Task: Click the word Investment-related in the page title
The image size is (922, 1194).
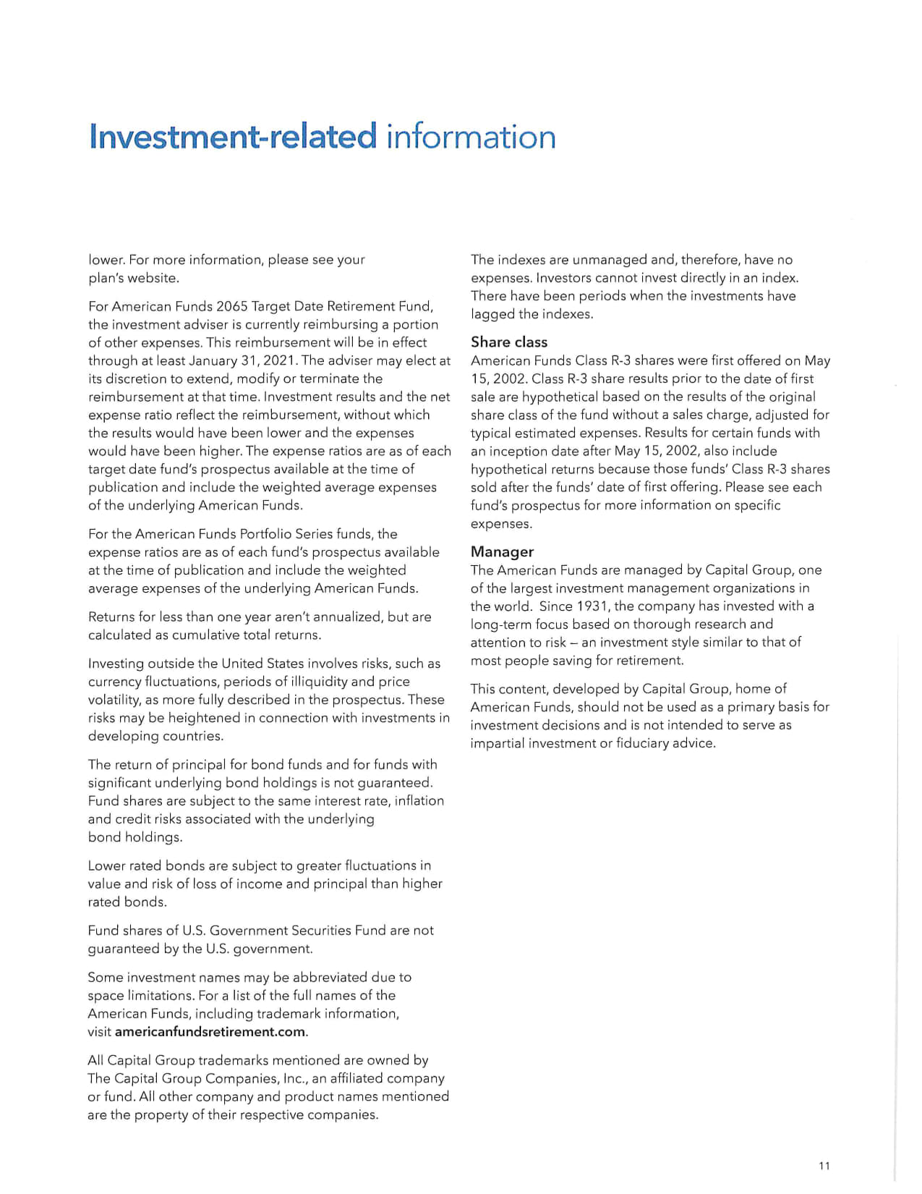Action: (232, 137)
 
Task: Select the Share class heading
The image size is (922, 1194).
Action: (508, 342)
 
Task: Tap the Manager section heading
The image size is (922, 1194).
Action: (502, 551)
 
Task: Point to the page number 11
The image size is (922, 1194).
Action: (824, 1165)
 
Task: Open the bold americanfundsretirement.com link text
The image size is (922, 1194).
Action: (210, 1032)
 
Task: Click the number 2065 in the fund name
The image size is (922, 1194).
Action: (231, 306)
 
